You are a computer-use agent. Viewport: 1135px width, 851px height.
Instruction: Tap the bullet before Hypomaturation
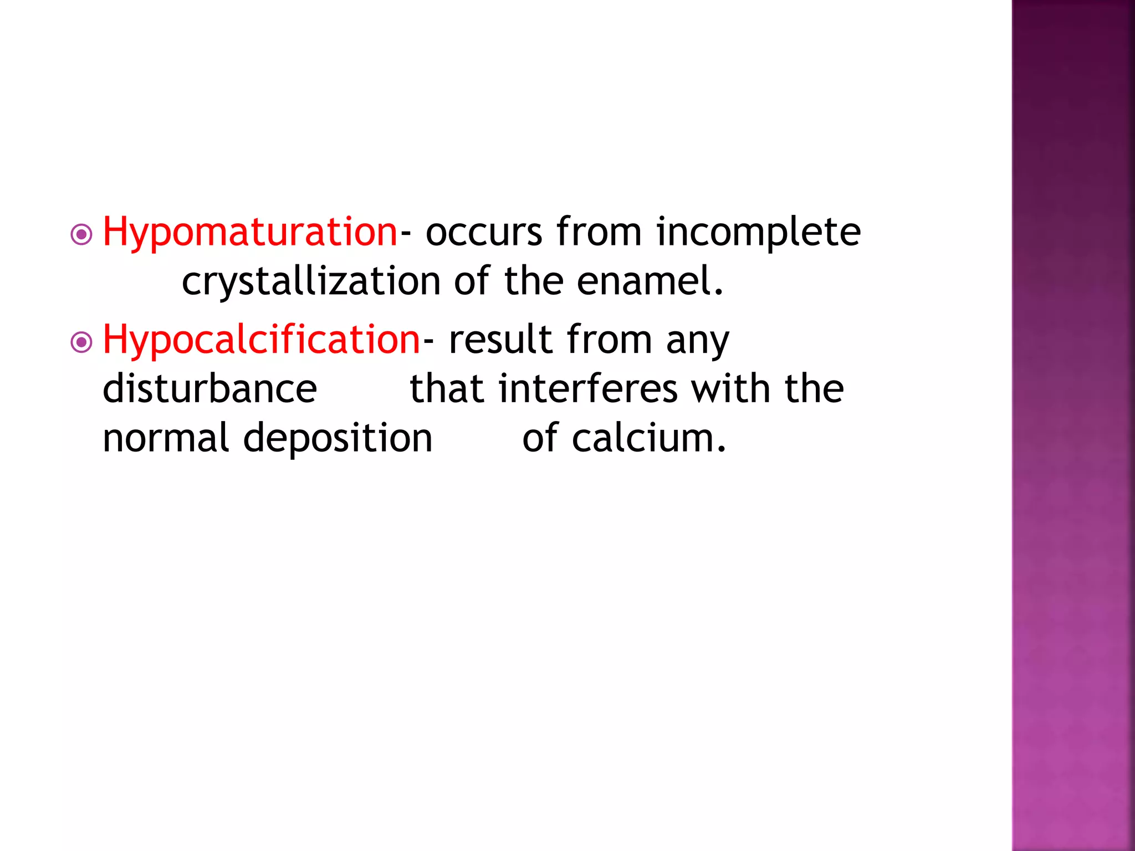point(82,235)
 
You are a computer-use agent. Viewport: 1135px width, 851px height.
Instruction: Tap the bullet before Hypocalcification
point(82,342)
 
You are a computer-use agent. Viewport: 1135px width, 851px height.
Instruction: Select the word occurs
point(484,233)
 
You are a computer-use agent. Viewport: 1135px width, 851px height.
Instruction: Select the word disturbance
point(209,389)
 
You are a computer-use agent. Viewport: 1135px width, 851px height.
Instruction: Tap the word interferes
point(588,389)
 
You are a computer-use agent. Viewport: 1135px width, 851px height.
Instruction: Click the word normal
point(166,438)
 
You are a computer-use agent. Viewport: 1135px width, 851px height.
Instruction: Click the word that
point(447,389)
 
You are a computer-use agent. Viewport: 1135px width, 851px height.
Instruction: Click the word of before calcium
point(540,438)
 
